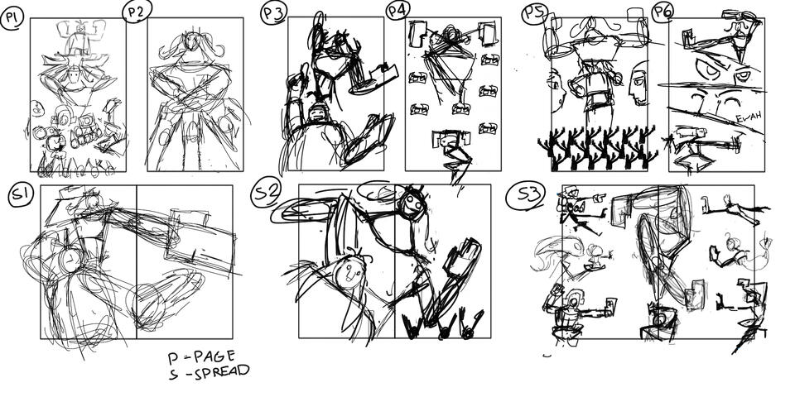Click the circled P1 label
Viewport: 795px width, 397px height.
(12, 17)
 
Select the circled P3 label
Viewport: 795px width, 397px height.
(272, 13)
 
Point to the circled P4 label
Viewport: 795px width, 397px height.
(397, 11)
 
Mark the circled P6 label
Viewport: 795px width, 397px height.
(662, 12)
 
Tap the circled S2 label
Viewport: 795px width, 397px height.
(267, 194)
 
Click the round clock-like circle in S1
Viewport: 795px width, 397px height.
(70, 259)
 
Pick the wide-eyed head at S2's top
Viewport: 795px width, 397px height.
(412, 201)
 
